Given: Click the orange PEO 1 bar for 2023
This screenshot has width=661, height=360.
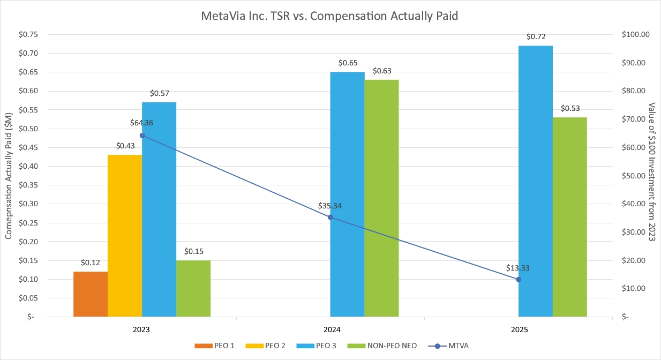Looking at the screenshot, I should click(91, 294).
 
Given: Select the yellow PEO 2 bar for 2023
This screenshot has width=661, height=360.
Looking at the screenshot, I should click(125, 236).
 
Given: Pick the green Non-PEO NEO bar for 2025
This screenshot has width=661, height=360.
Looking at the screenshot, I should click(570, 217).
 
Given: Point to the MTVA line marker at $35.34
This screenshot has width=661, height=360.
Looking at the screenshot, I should click(330, 217).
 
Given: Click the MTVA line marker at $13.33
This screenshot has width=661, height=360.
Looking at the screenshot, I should click(519, 279).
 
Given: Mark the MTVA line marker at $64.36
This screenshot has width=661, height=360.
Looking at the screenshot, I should click(142, 135).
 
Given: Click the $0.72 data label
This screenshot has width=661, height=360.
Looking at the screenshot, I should click(536, 37).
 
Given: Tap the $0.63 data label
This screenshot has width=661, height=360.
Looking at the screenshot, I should click(382, 71).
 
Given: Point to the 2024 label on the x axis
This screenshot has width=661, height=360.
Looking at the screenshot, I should click(330, 330).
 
